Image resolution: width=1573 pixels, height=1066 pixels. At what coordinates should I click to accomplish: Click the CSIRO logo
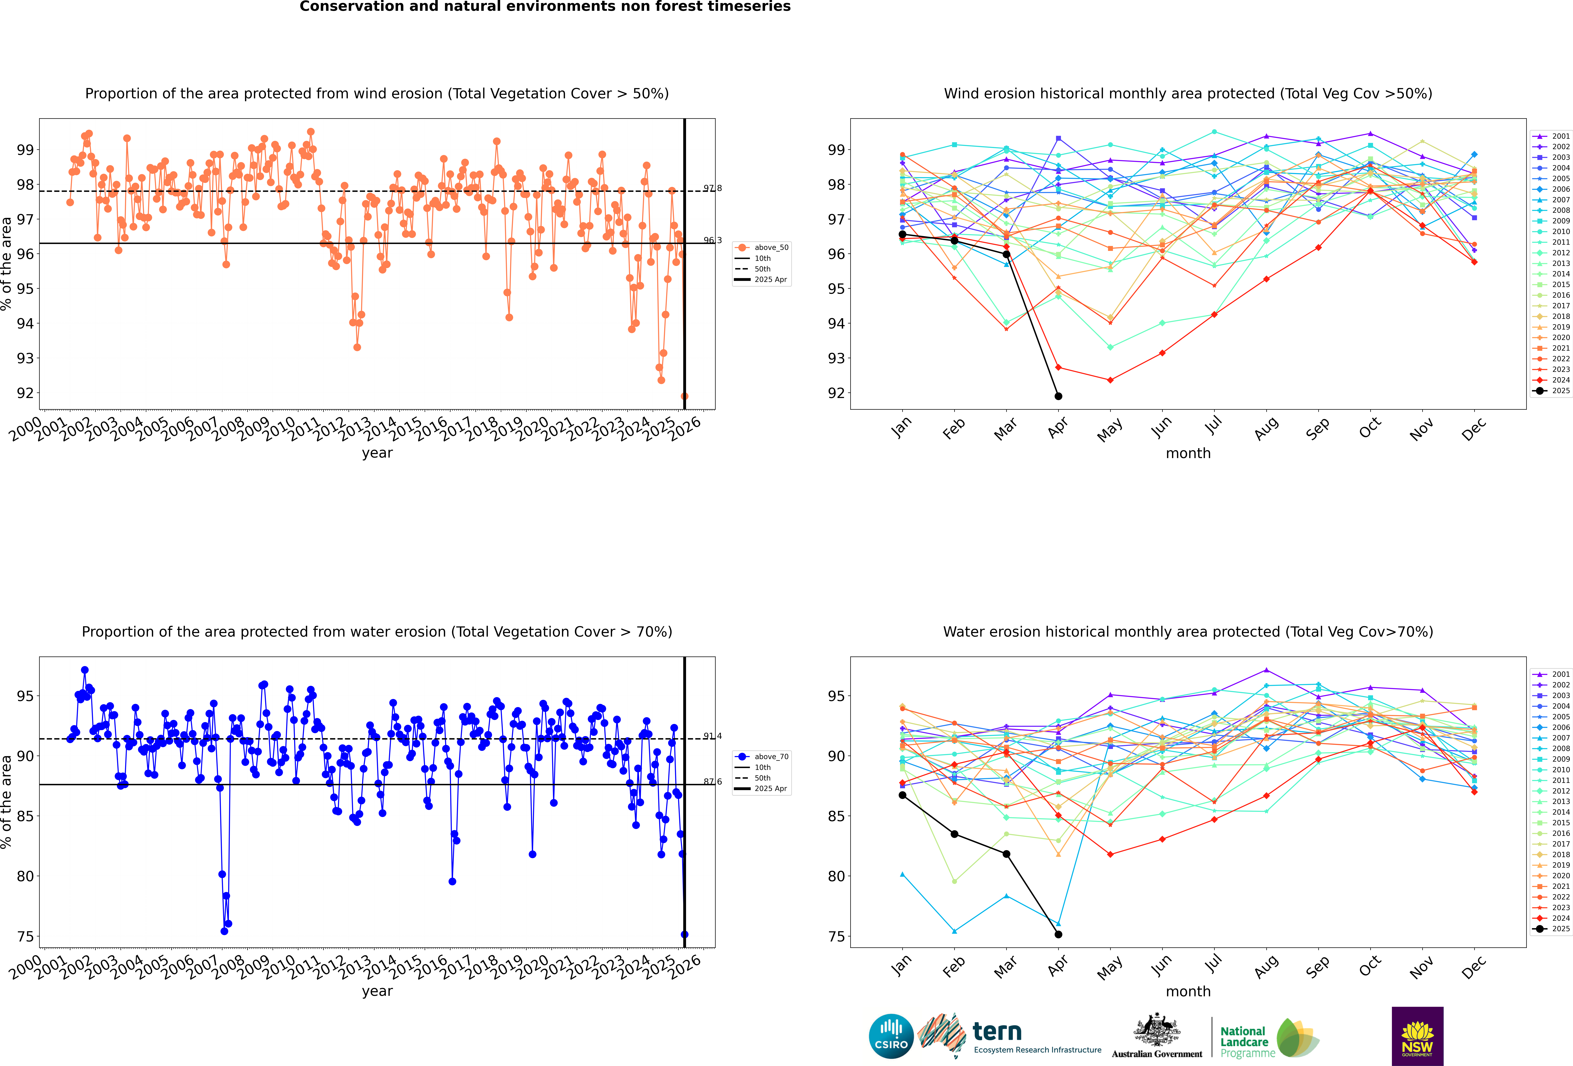(x=891, y=1036)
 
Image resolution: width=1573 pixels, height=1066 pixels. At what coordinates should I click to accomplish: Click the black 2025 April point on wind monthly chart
(x=1058, y=396)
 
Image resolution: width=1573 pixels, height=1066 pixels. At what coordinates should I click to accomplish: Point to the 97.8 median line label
(x=712, y=188)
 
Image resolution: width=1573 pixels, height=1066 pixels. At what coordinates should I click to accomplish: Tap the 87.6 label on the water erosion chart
(x=712, y=782)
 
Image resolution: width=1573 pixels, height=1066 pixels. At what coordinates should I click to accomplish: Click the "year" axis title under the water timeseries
(x=377, y=991)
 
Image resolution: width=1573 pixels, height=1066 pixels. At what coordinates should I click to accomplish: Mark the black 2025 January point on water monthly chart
(x=902, y=795)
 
